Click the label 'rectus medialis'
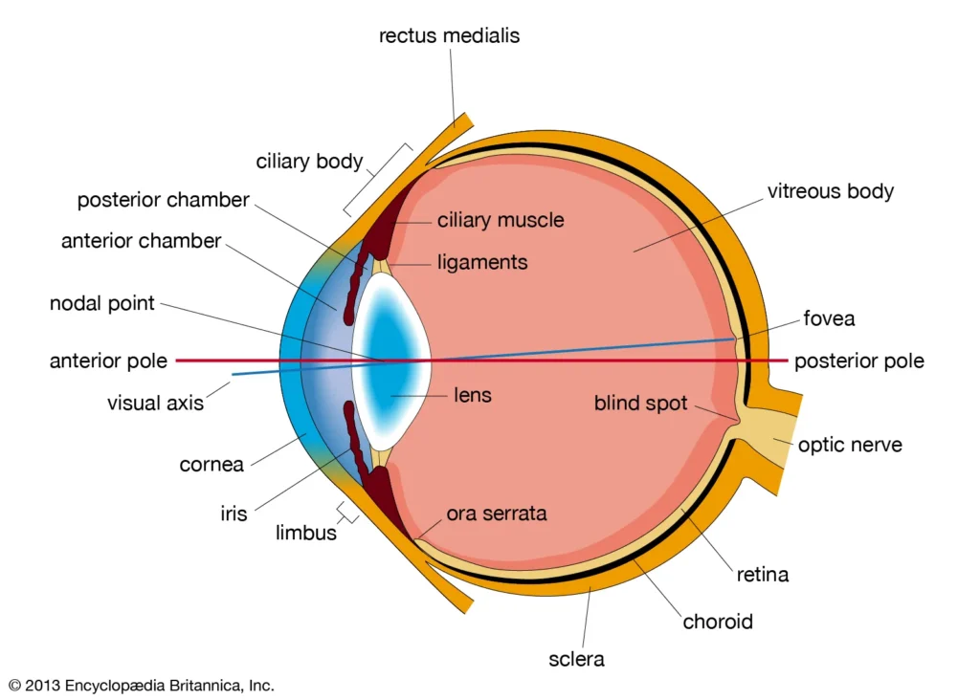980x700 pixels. click(x=449, y=36)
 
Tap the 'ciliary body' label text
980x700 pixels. click(x=309, y=162)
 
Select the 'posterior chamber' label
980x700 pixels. click(x=163, y=201)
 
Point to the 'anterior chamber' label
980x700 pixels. click(x=141, y=241)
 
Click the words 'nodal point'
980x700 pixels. click(x=101, y=304)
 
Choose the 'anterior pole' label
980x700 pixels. click(x=108, y=361)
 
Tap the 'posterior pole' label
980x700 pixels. click(x=858, y=361)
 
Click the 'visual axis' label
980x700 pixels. click(x=155, y=403)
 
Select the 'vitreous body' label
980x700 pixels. click(x=830, y=191)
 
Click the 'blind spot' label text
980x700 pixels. click(x=640, y=404)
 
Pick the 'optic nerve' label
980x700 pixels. click(x=850, y=445)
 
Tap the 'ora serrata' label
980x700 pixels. click(x=497, y=514)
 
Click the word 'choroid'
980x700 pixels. click(x=718, y=622)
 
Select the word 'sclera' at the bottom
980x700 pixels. click(x=576, y=659)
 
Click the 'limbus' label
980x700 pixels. click(x=306, y=534)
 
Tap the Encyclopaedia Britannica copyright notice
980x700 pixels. click(x=141, y=685)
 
